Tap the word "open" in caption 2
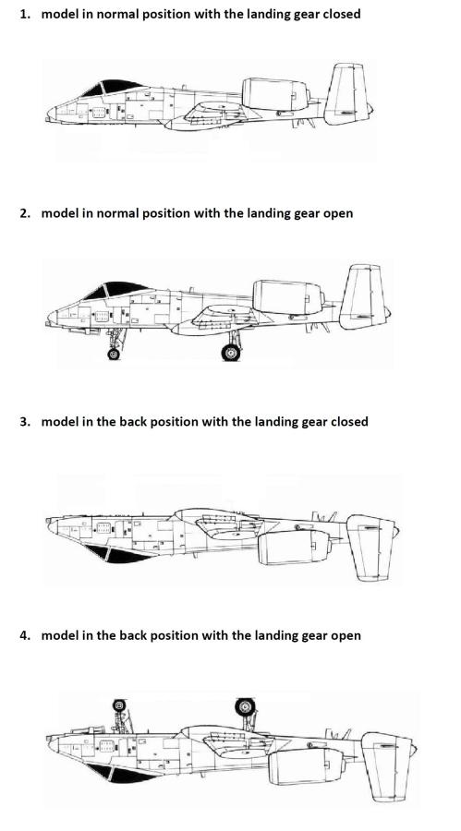pyautogui.click(x=338, y=213)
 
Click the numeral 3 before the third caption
pyautogui.click(x=24, y=422)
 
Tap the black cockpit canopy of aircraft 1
pyautogui.click(x=113, y=88)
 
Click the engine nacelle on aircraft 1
pyautogui.click(x=274, y=94)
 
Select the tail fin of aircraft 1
pyautogui.click(x=347, y=94)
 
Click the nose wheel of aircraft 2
pyautogui.click(x=114, y=354)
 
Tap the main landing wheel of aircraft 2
pyautogui.click(x=231, y=352)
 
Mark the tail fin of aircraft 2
pyautogui.click(x=363, y=296)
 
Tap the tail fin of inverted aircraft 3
pyautogui.click(x=370, y=548)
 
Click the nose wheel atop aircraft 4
pyautogui.click(x=119, y=705)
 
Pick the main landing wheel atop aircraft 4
pyautogui.click(x=245, y=706)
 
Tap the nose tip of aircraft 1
pyautogui.click(x=48, y=113)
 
